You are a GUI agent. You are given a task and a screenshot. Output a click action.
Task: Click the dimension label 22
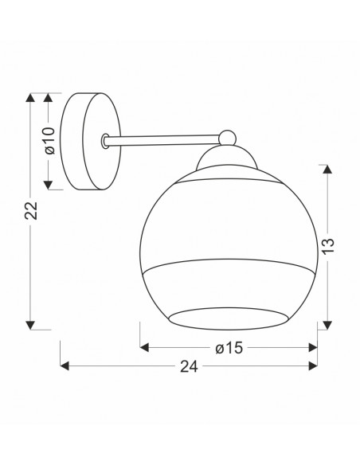point(31,210)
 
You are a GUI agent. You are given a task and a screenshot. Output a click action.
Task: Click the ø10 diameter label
point(50,141)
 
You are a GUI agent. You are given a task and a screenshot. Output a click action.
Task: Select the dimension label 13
point(328,245)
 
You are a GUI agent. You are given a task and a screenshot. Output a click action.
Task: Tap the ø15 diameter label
point(229,348)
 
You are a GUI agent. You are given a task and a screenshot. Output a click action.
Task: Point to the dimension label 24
point(189,367)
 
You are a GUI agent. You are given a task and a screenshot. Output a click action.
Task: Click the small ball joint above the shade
point(228,139)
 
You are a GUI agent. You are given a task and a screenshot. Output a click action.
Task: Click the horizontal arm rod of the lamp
point(162,140)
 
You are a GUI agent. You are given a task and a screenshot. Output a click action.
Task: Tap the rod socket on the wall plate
point(104,141)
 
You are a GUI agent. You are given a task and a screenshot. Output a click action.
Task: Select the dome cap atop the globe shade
point(226,157)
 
